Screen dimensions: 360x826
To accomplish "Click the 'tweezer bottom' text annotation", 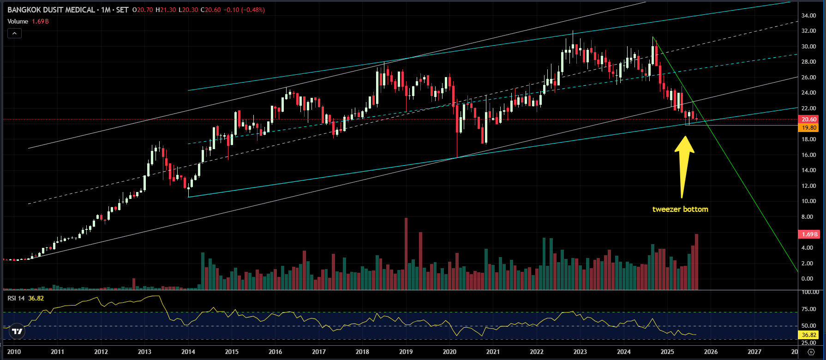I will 680,210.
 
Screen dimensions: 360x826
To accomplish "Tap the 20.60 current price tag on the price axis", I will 809,120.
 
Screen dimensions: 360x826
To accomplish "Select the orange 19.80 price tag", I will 809,128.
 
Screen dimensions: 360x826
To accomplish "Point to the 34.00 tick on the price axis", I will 808,16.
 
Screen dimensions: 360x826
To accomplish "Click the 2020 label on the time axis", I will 449,352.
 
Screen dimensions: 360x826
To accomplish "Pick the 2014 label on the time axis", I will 188,352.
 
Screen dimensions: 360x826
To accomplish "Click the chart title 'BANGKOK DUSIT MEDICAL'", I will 51,10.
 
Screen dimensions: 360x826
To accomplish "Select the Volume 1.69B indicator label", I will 28,21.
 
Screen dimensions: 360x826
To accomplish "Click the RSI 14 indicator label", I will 16,298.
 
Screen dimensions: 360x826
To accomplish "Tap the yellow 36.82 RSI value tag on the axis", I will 809,335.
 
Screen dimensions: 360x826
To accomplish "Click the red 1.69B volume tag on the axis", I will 809,234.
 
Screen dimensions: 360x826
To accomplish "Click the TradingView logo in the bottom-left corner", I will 17,331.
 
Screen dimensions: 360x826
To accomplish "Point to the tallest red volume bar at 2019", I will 406,254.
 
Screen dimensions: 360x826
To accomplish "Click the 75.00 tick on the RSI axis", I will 809,309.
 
